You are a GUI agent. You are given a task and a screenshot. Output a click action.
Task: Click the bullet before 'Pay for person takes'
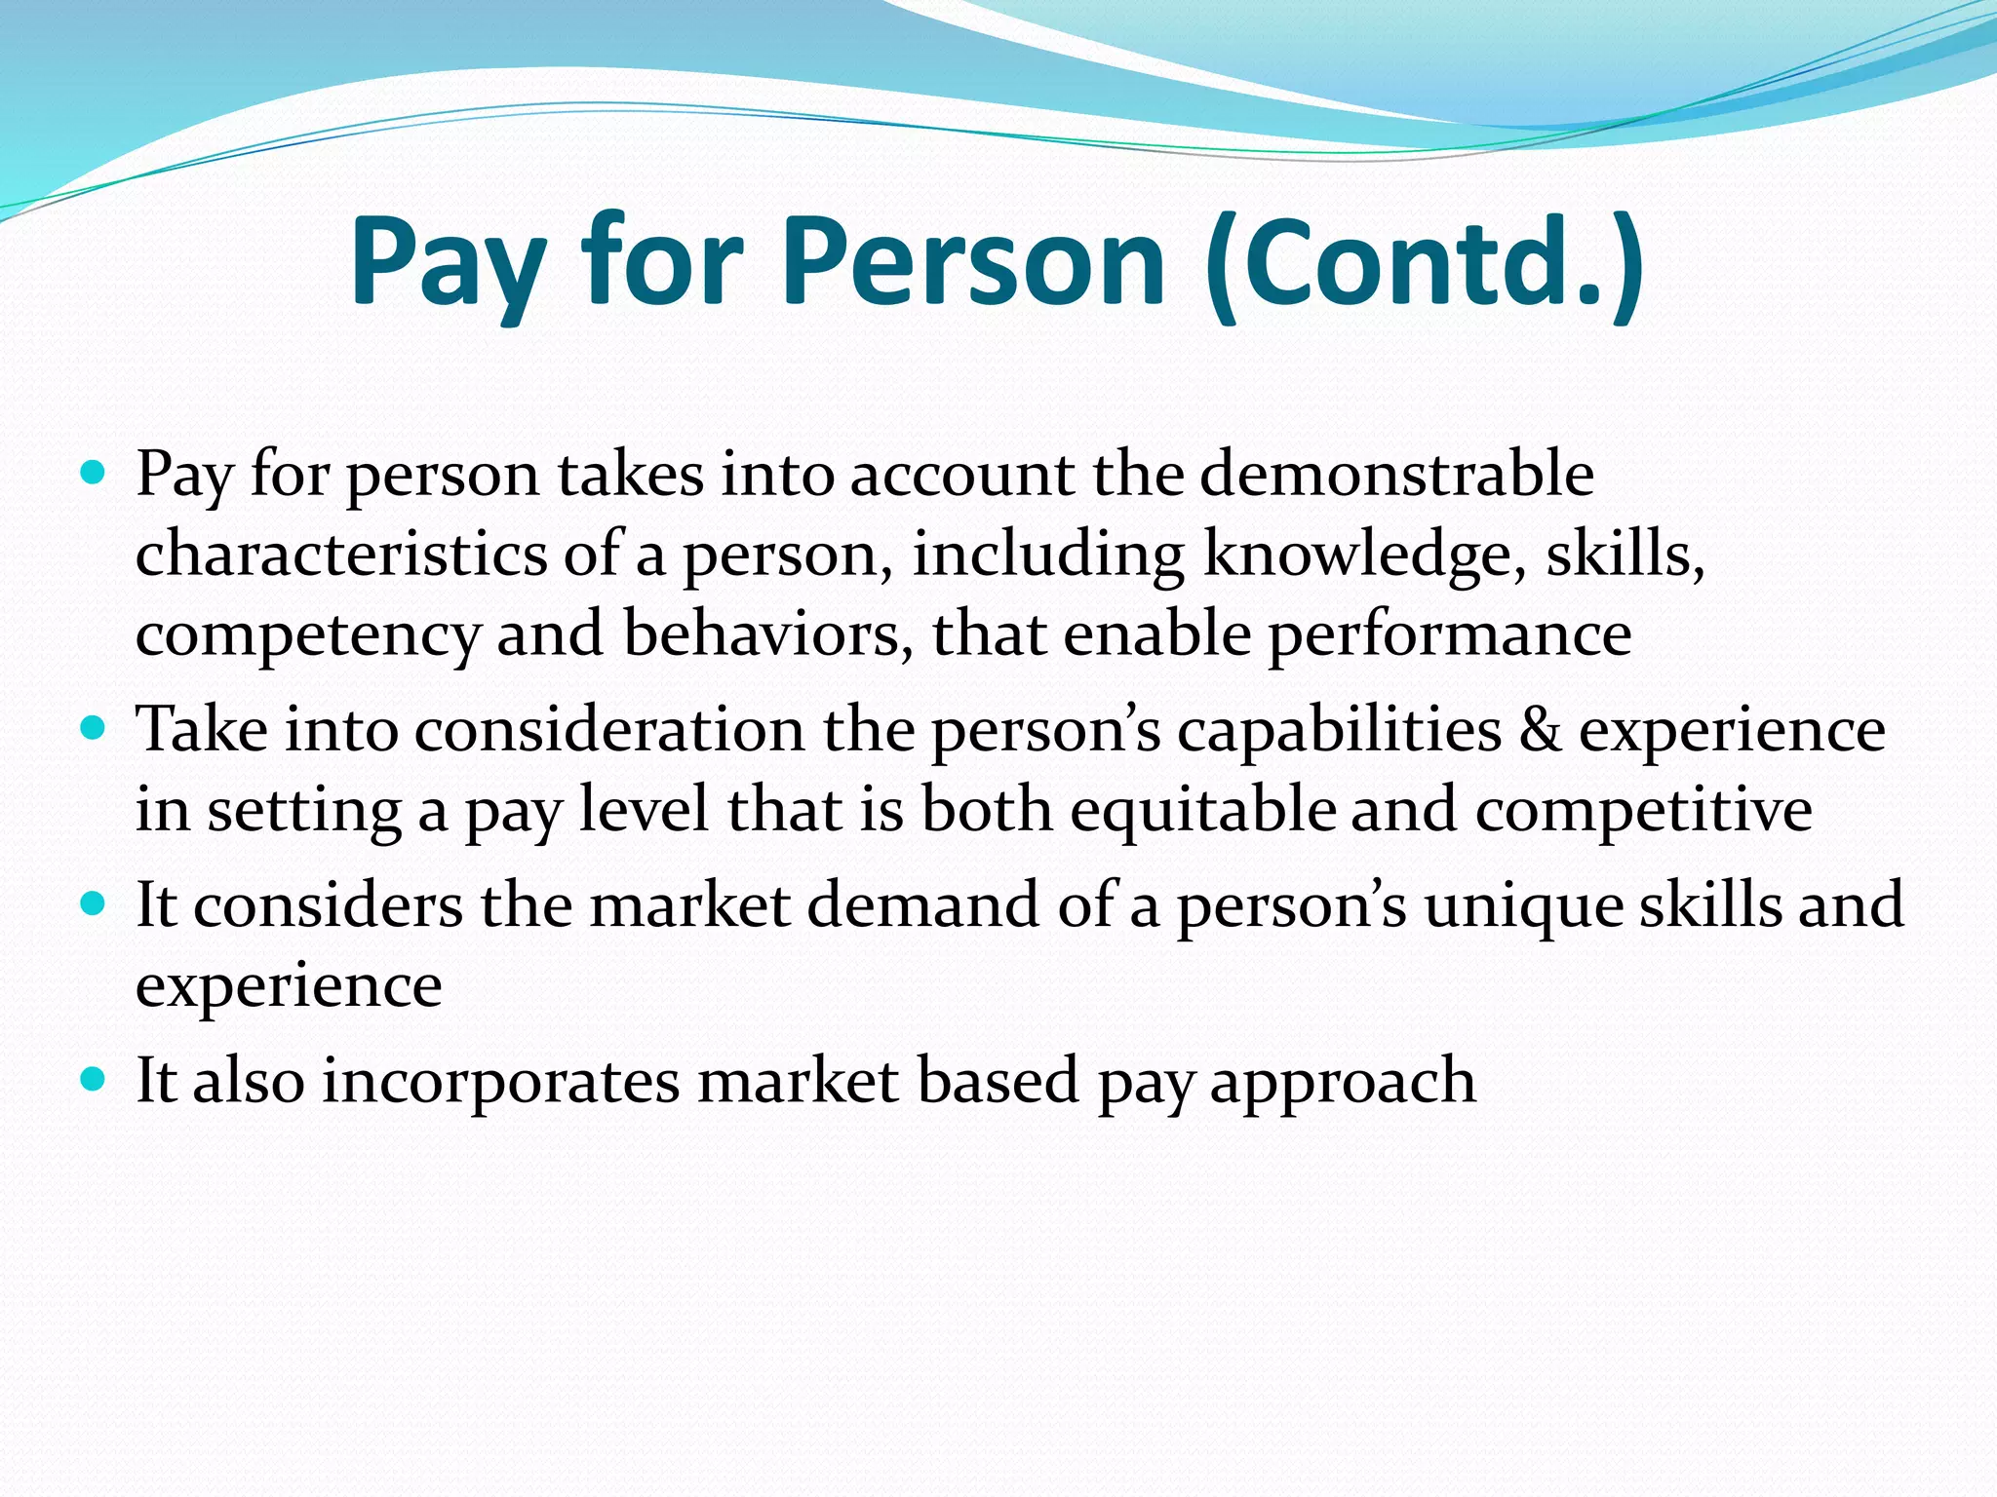tap(94, 475)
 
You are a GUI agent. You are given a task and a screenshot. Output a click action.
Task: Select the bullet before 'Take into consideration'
tap(94, 728)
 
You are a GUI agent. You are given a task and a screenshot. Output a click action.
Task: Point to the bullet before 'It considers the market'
tap(94, 904)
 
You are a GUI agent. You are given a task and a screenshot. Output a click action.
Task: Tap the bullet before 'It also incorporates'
tap(94, 1079)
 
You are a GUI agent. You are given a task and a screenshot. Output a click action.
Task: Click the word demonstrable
tap(1396, 475)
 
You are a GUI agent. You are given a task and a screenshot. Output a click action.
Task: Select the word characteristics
tap(341, 554)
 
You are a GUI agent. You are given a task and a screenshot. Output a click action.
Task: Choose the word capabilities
tap(1339, 730)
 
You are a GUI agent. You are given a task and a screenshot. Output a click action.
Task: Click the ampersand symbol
tap(1541, 730)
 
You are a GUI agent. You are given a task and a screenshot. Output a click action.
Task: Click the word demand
tap(924, 904)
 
